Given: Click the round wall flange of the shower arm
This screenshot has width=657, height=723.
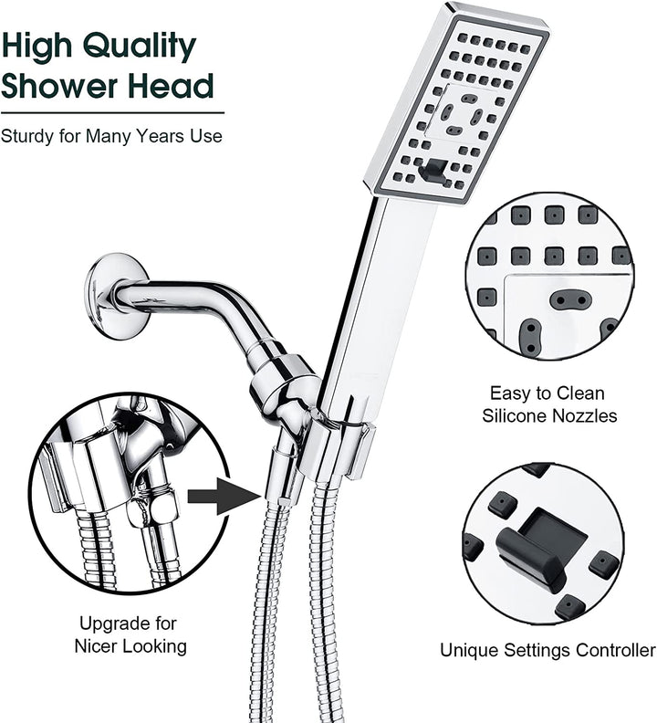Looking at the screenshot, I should tap(116, 296).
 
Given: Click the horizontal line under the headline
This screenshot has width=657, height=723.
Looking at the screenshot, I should tap(111, 112).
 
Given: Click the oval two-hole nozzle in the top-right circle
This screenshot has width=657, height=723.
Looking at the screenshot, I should tap(570, 299).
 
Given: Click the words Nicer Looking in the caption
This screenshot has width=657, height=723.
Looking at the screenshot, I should tap(131, 647).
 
